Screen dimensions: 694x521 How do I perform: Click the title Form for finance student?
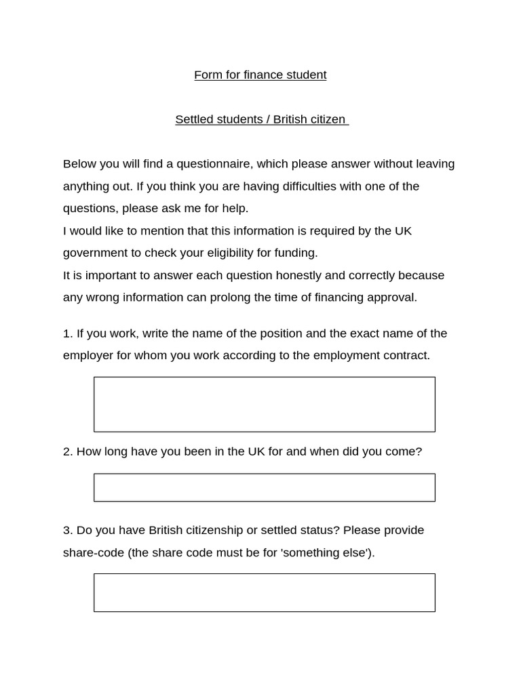pyautogui.click(x=260, y=75)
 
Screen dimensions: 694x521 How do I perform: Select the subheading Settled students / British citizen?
pyautogui.click(x=260, y=119)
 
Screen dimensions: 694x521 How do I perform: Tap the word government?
pyautogui.click(x=95, y=253)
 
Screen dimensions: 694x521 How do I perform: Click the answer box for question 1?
pyautogui.click(x=264, y=405)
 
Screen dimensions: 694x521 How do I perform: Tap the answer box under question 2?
pyautogui.click(x=264, y=487)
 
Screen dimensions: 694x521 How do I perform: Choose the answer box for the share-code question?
pyautogui.click(x=264, y=592)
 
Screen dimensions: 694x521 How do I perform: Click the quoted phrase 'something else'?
pyautogui.click(x=326, y=552)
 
